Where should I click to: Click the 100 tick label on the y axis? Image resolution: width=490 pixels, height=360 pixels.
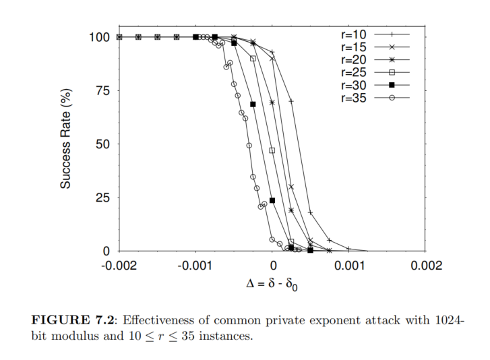coord(100,37)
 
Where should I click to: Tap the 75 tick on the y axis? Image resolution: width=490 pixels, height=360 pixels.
coord(104,90)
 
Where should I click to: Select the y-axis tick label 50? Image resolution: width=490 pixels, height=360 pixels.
coord(104,144)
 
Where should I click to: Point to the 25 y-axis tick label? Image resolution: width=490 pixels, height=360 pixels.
coord(104,198)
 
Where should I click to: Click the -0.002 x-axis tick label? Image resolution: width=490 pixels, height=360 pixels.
coord(119,266)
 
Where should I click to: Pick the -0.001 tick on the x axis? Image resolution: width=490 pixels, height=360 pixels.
coord(196,266)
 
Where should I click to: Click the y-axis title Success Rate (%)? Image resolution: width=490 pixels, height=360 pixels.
coord(65,143)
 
